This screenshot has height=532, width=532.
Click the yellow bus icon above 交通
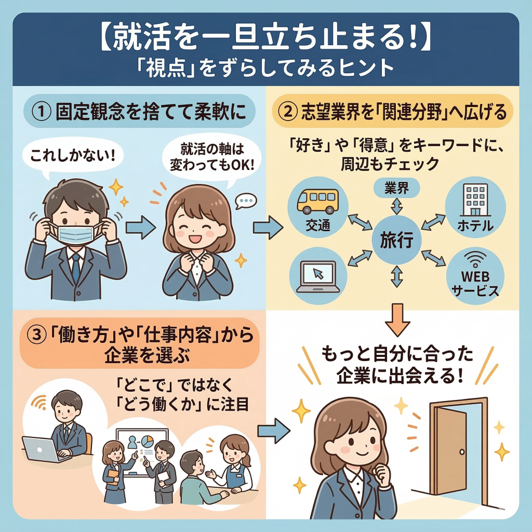[317, 200]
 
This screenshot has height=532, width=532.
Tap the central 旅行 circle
[397, 240]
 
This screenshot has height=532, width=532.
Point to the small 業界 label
[396, 188]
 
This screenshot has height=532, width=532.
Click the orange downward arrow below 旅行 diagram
[396, 320]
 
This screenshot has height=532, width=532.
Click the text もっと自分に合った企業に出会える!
[397, 365]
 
